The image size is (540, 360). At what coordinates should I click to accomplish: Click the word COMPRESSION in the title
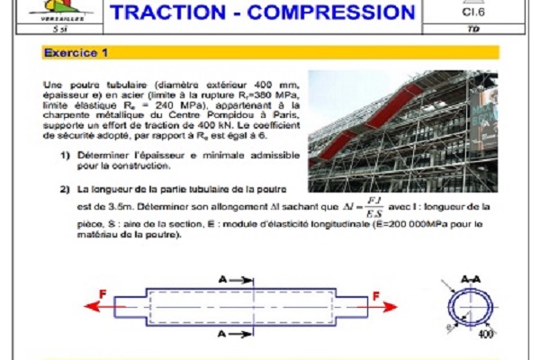coord(331,12)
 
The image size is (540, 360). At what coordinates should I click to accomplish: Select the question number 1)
coord(66,157)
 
